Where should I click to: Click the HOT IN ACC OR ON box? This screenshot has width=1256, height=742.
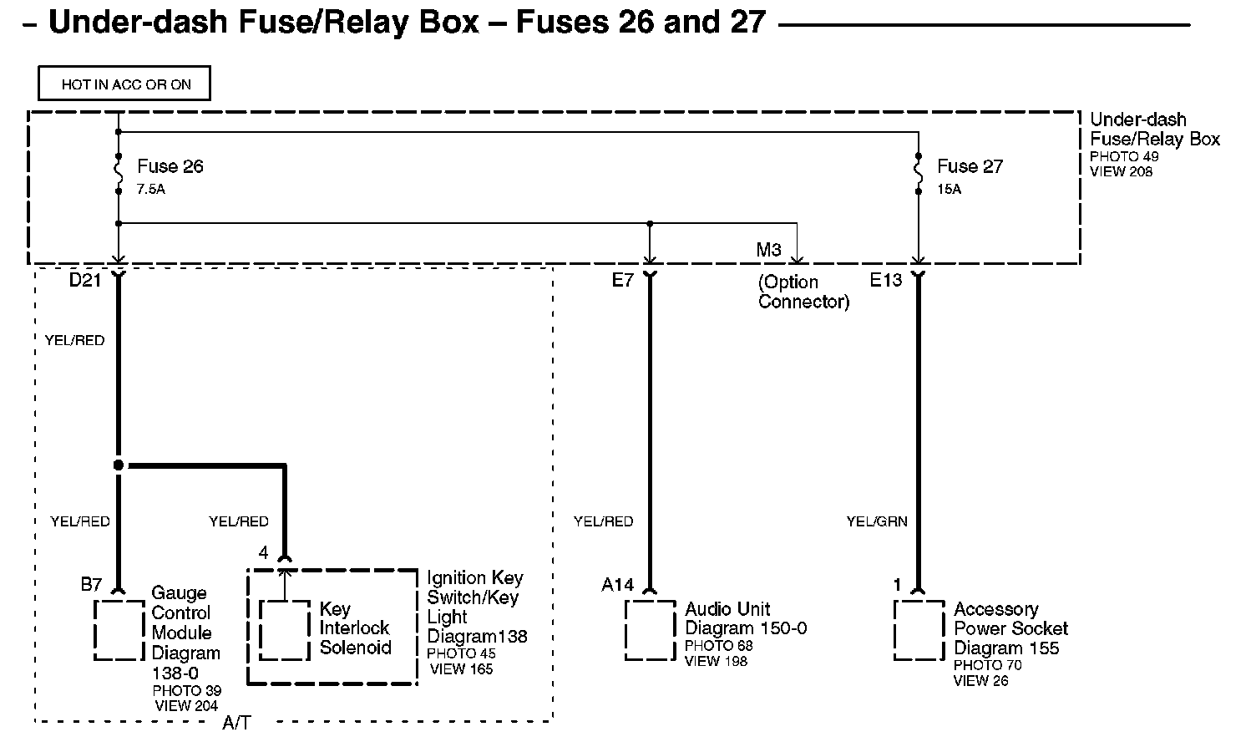click(x=124, y=84)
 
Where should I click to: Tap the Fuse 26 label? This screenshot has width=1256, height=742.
click(x=170, y=166)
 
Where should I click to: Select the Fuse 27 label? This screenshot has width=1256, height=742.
click(x=969, y=166)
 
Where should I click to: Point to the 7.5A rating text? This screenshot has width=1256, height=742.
click(x=151, y=190)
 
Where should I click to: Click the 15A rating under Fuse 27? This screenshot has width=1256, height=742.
click(x=949, y=190)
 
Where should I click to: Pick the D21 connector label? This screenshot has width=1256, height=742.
click(x=84, y=280)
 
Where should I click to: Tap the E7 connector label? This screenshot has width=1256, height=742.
click(x=623, y=280)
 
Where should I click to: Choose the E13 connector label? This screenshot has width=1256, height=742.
click(x=886, y=280)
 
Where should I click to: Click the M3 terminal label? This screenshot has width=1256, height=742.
click(x=768, y=250)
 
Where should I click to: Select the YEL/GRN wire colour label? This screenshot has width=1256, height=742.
click(x=876, y=521)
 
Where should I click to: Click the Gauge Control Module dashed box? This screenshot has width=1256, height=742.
click(x=119, y=630)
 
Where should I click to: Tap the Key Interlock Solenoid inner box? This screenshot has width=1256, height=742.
click(x=285, y=630)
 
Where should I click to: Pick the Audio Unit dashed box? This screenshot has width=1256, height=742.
click(x=650, y=630)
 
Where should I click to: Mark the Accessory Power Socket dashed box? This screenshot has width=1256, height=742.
click(x=919, y=630)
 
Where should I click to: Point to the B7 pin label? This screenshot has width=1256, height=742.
click(x=91, y=585)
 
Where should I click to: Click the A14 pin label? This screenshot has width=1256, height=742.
click(x=618, y=585)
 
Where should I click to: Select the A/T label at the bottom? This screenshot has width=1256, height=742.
click(x=236, y=724)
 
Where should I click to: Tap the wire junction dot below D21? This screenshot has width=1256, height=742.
click(x=119, y=465)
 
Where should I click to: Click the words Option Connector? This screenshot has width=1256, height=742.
click(x=803, y=292)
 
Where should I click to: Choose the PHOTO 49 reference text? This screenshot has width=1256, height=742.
click(x=1124, y=157)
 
